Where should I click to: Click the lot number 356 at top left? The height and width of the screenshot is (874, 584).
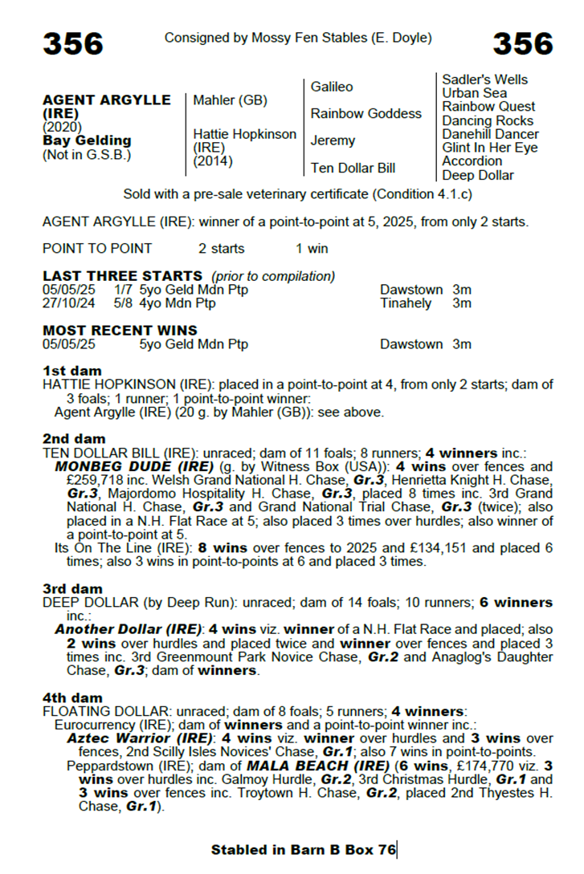click(x=73, y=43)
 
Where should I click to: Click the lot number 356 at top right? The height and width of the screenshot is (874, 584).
click(x=523, y=43)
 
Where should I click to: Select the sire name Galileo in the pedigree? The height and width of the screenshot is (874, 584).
click(x=332, y=87)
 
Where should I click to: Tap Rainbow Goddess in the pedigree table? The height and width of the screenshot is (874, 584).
click(x=366, y=113)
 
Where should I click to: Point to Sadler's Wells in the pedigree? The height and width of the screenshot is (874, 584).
click(x=485, y=79)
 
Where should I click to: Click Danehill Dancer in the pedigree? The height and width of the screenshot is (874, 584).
click(x=490, y=134)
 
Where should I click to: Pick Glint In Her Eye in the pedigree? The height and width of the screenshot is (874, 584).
click(x=490, y=148)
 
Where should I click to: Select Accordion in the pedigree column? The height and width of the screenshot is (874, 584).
click(x=472, y=161)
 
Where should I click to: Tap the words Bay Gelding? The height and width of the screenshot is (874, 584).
click(x=87, y=140)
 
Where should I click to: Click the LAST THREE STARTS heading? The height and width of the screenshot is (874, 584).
click(x=122, y=276)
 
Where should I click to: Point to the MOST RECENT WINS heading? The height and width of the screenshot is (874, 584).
click(x=120, y=331)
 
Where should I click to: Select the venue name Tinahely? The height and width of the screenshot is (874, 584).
click(x=406, y=303)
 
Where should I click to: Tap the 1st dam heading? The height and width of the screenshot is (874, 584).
click(x=72, y=371)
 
